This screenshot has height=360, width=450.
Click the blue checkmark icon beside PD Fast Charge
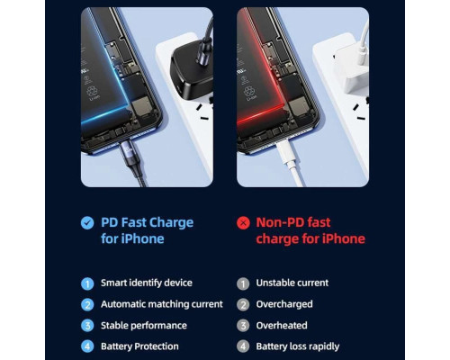pos(87,222)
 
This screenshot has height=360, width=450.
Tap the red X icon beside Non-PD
pos(242,222)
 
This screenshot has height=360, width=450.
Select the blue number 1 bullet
pos(87,283)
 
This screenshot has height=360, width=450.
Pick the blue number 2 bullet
pos(87,304)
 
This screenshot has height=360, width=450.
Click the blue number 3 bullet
pos(87,325)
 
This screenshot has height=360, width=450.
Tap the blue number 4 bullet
pos(87,346)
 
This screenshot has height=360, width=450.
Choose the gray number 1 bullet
pos(242,283)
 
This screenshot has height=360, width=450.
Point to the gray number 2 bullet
pos(242,304)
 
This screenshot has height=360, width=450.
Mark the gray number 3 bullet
pos(242,325)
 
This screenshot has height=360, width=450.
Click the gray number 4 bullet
pos(242,346)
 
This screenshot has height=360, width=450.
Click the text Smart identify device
pos(146,283)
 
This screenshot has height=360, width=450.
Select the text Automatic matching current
pos(161,304)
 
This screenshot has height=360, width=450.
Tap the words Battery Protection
pos(139,346)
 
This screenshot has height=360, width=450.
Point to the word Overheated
pos(282,325)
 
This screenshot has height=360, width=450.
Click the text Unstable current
pos(292,283)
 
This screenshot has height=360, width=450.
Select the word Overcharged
pos(283,304)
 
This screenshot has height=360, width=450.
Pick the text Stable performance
pos(144,325)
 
